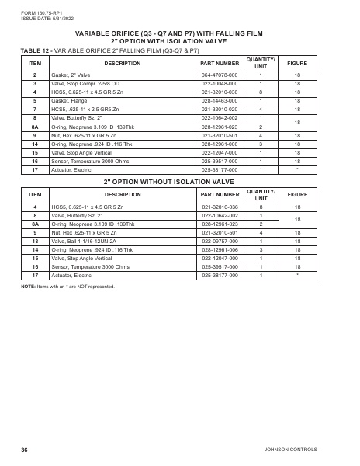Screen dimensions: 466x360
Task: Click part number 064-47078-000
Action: [220, 75]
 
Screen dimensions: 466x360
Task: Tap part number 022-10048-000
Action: [220, 83]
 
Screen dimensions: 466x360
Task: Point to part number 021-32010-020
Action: [220, 109]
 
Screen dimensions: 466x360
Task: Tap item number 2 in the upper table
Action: [35, 75]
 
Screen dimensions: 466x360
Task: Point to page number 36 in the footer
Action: [25, 450]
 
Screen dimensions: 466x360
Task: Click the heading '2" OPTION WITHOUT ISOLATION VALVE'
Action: [180, 180]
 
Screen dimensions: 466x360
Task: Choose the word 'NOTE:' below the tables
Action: [28, 287]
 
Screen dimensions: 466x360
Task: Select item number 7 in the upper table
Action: [35, 109]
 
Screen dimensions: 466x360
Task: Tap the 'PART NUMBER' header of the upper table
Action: [220, 62]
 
